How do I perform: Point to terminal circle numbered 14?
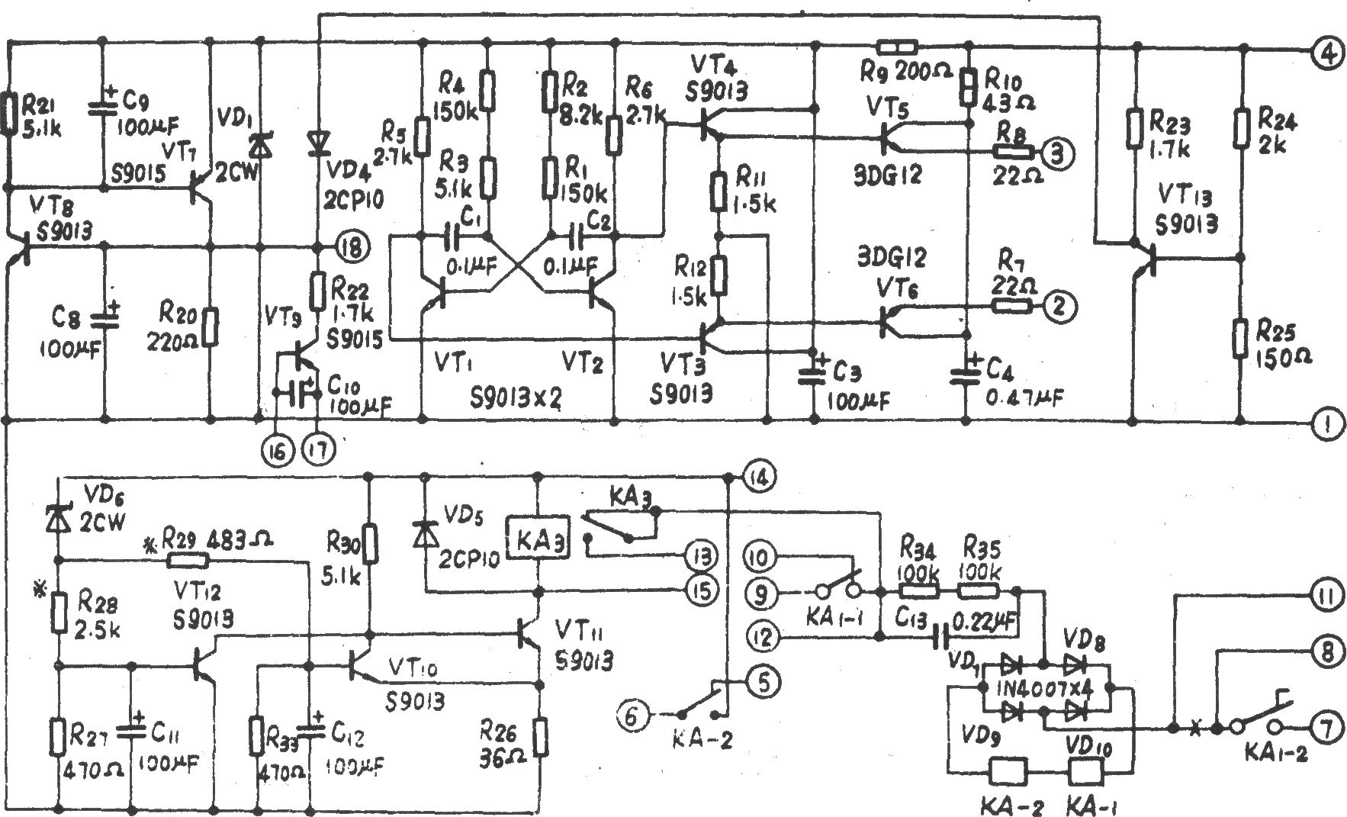(759, 478)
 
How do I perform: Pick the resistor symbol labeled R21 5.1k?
(8, 112)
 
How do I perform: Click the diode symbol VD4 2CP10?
(318, 142)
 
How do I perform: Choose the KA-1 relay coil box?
(1084, 772)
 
